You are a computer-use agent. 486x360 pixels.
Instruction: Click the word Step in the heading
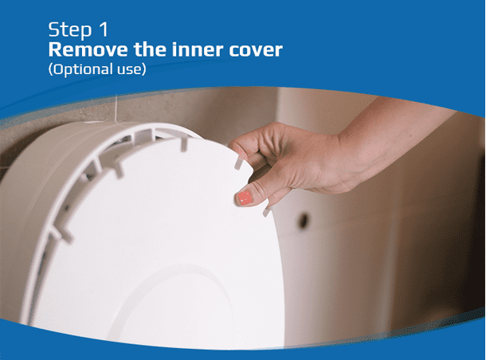70,29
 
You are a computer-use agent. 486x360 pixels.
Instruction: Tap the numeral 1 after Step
104,29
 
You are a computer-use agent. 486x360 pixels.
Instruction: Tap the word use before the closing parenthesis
129,70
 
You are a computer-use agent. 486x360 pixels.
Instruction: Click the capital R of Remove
55,49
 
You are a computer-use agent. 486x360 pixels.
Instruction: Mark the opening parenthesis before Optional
51,69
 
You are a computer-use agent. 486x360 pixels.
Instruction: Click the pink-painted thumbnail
245,198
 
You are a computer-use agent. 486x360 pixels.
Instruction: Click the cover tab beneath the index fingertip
238,163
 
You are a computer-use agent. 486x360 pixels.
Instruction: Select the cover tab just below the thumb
265,211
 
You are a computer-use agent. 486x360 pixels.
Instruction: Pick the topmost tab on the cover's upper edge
184,144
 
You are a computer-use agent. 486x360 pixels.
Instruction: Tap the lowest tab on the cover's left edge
61,233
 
